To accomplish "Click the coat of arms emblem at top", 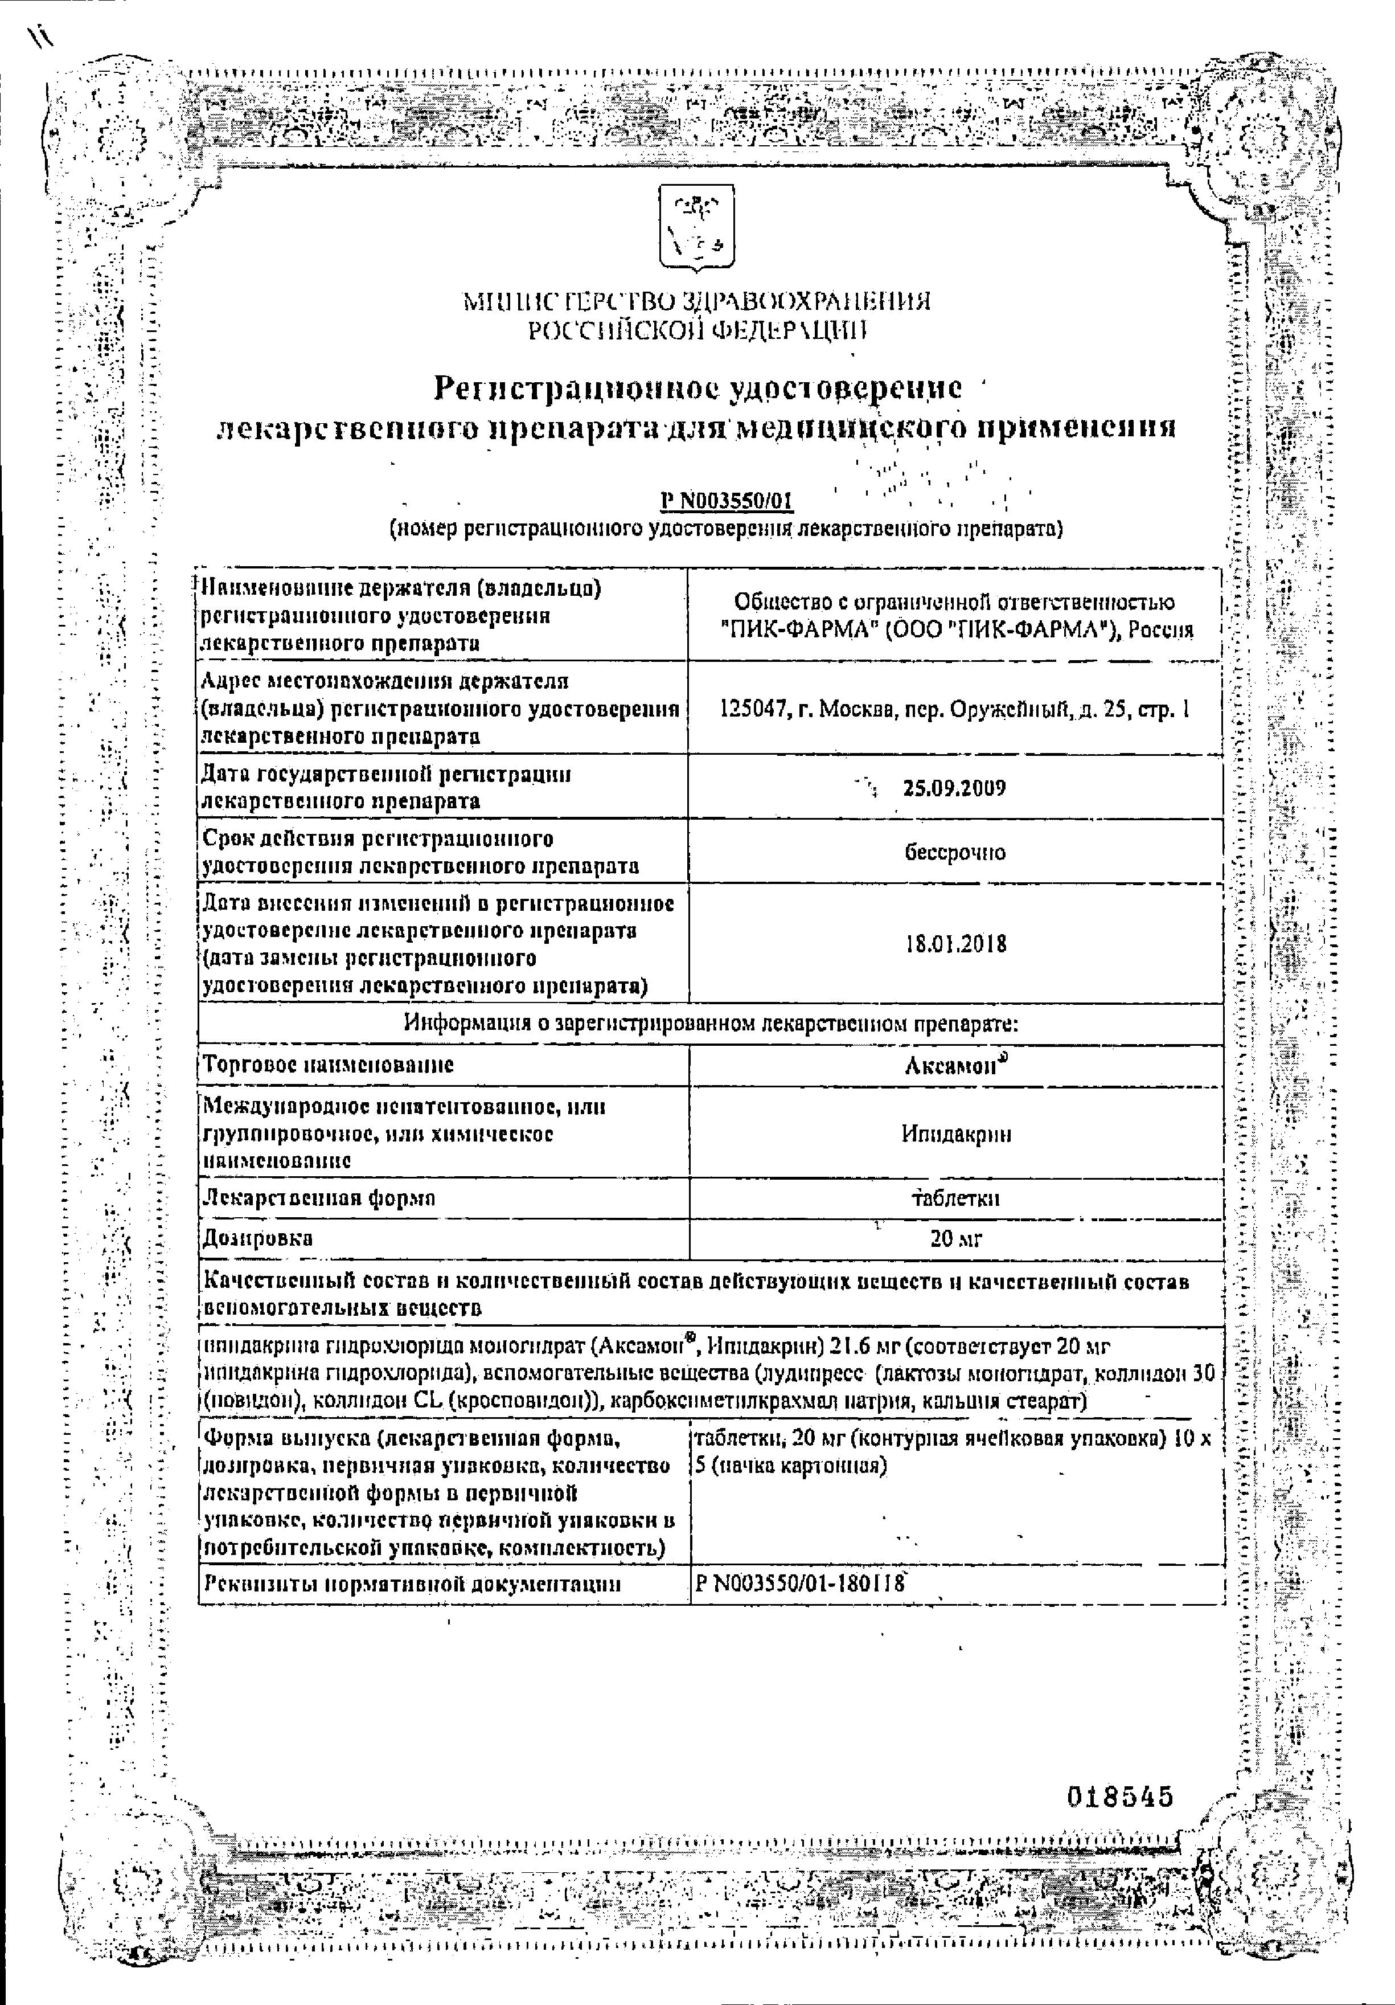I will [696, 227].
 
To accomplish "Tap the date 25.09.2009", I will [954, 788].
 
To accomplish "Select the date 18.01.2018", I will [956, 944].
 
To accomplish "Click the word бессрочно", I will [955, 852].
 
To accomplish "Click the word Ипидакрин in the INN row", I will [956, 1134].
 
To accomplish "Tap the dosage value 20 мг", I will [956, 1238].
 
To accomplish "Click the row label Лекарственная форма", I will [318, 1198].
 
